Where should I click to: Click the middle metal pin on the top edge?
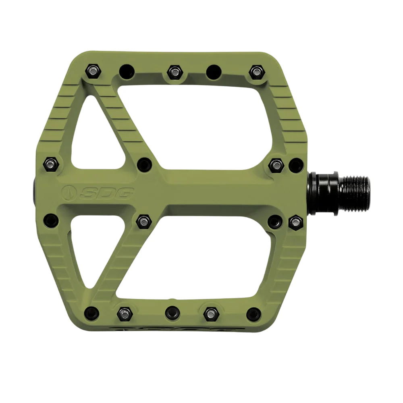coord(174,71)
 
